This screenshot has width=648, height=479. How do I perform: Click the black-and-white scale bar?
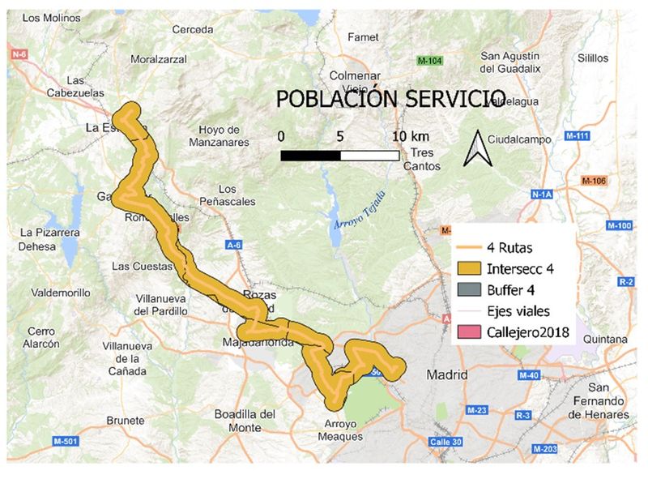click(339, 155)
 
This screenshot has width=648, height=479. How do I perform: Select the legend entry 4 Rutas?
click(511, 247)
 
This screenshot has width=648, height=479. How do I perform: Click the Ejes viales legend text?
click(518, 310)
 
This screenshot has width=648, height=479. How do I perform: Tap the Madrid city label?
click(447, 375)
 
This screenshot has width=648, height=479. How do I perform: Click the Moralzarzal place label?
click(158, 59)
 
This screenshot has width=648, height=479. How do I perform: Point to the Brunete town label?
click(125, 421)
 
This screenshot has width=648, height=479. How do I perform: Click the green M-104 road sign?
click(429, 61)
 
